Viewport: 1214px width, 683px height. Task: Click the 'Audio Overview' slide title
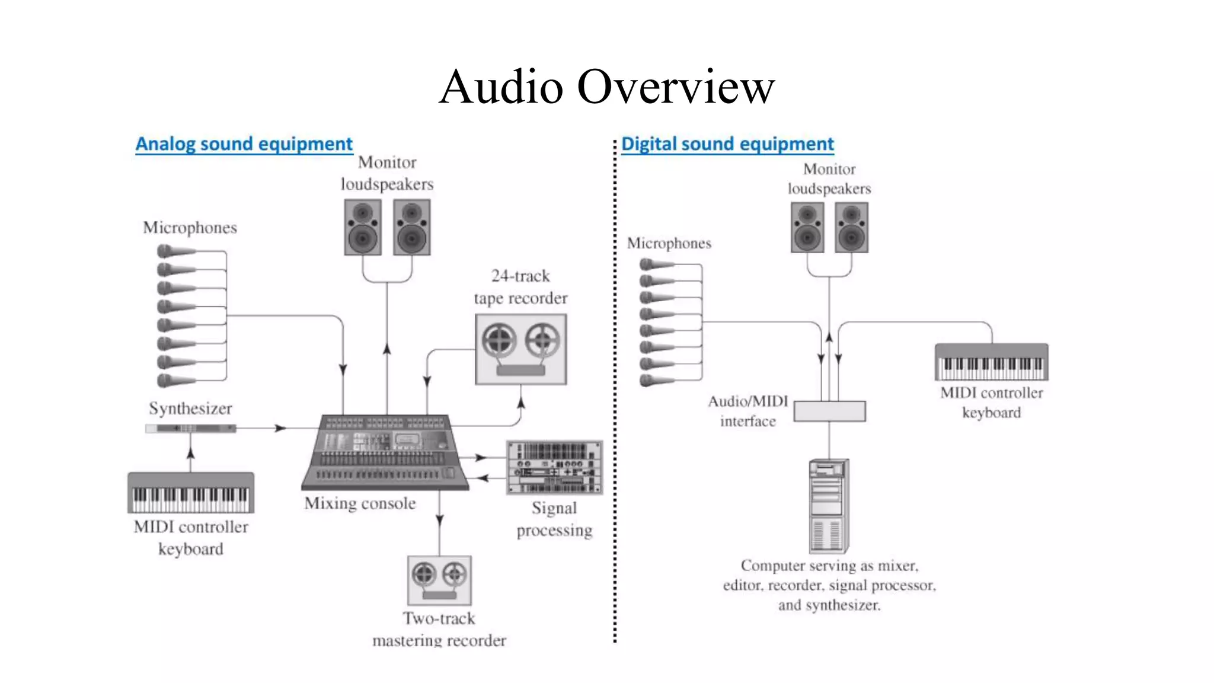(606, 87)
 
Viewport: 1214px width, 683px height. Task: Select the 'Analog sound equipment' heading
(244, 144)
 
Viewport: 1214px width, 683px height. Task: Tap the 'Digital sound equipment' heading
(727, 144)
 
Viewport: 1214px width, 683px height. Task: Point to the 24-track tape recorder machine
(520, 350)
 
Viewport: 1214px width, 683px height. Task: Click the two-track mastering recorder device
(439, 580)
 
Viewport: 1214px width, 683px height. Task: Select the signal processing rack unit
(554, 467)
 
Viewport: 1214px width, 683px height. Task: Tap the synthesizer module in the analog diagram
(190, 428)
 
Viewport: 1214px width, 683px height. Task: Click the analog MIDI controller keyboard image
(191, 493)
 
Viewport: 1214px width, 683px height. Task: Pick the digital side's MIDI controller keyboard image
(991, 362)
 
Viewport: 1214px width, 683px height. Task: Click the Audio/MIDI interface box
(829, 411)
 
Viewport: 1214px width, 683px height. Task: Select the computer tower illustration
(829, 506)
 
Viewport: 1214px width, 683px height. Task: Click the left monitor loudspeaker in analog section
(362, 227)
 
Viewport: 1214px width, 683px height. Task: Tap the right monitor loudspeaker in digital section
(851, 228)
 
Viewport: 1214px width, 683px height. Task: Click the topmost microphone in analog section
(174, 251)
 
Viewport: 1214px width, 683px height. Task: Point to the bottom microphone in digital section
(656, 381)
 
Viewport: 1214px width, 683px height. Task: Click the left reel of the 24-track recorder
(499, 341)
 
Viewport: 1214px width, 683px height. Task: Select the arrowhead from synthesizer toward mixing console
(280, 428)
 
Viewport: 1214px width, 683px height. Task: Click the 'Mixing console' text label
(360, 503)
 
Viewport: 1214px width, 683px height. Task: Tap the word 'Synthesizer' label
(190, 408)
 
